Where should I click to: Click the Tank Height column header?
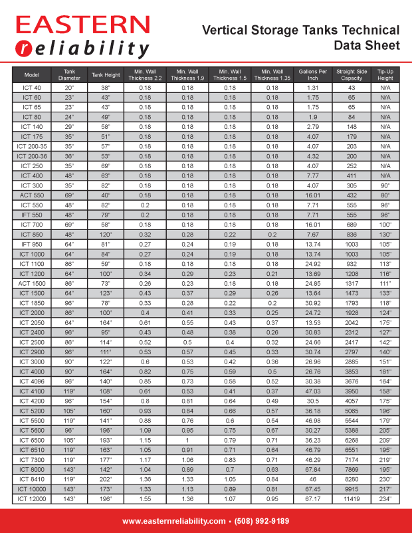tap(106, 74)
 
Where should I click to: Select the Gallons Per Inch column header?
tap(313, 74)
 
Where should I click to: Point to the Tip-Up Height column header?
tap(385, 74)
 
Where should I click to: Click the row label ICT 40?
tap(32, 88)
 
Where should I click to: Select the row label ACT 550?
tap(32, 195)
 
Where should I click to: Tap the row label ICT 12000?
tap(32, 498)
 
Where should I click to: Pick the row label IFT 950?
tap(32, 244)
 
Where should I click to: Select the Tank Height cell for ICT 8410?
tap(106, 479)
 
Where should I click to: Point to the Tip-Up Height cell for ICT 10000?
tap(385, 488)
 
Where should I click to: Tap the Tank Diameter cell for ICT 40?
tap(69, 88)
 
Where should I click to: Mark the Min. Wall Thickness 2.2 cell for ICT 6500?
tap(145, 439)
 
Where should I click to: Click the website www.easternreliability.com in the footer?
tap(173, 521)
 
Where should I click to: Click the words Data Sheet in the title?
tap(367, 45)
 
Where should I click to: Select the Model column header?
tap(32, 74)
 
